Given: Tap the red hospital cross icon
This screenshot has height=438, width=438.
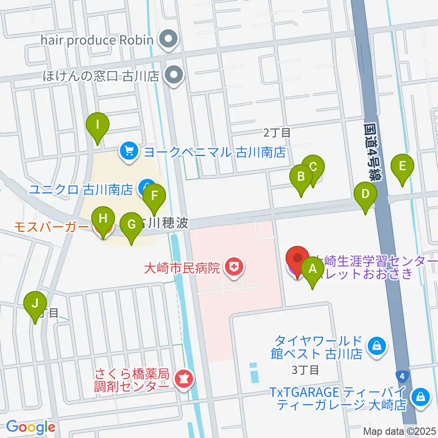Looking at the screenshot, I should click(x=235, y=266).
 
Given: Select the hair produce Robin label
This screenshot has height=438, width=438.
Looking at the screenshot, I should click(x=97, y=40).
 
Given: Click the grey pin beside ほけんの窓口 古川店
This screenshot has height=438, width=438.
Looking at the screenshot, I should click(x=173, y=75).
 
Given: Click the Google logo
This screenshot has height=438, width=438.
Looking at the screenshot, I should click(x=31, y=427).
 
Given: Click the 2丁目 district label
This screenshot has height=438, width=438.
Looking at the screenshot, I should click(x=277, y=133).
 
